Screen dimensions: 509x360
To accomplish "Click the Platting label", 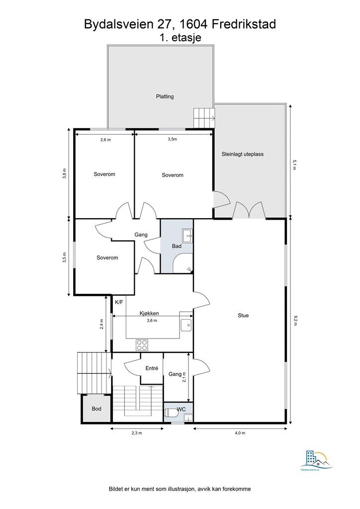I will click(x=165, y=96).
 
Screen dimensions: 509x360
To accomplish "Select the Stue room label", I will click(x=243, y=315).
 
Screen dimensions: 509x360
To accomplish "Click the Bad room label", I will click(x=177, y=246).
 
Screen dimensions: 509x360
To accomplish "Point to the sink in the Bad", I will click(x=187, y=234).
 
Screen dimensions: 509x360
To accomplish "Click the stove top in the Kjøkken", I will click(x=142, y=344).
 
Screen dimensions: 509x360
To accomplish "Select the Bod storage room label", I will click(x=96, y=409).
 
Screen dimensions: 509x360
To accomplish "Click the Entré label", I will click(x=152, y=368).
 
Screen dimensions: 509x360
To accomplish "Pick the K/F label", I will click(x=119, y=302).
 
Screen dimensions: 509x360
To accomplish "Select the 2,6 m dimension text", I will click(x=105, y=140).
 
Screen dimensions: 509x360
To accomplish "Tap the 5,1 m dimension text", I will click(x=295, y=165).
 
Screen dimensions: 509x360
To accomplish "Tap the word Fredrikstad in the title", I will click(x=241, y=23).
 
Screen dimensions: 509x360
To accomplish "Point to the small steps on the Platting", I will click(x=203, y=118).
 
